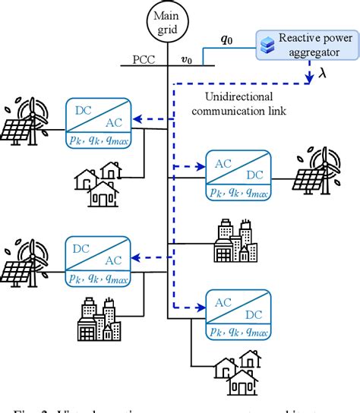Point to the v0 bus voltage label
coord(187,57)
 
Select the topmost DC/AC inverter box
coord(99,121)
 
